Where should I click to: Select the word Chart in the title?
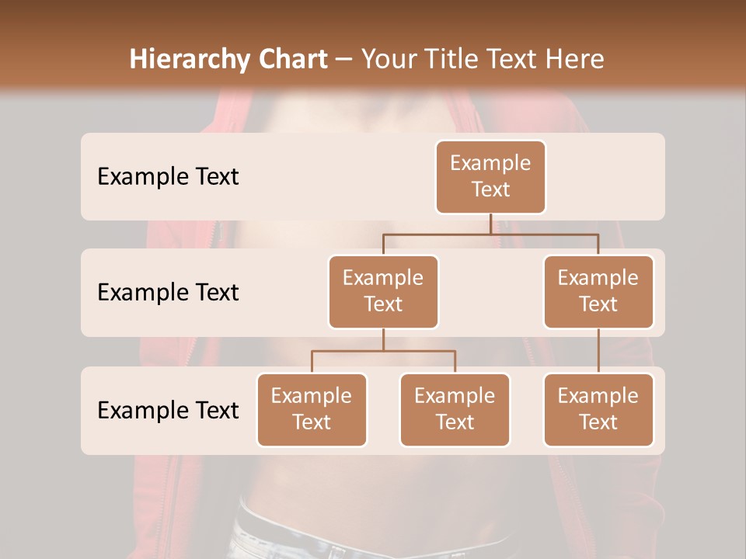[290, 60]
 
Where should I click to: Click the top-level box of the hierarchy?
[490, 176]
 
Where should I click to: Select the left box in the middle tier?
[383, 291]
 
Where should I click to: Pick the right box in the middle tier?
[598, 291]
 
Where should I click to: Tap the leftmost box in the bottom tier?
[312, 409]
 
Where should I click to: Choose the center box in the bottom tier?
[455, 409]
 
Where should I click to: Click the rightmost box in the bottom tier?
[598, 409]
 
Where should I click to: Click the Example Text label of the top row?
[168, 177]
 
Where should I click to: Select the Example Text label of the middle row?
[168, 293]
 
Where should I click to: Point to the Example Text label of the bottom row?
[168, 410]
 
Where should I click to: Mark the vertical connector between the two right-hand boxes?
[598, 350]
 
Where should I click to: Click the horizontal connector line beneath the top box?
[490, 233]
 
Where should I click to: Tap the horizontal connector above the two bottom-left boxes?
[383, 351]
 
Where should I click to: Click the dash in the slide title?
[344, 60]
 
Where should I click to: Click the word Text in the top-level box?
[490, 189]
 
